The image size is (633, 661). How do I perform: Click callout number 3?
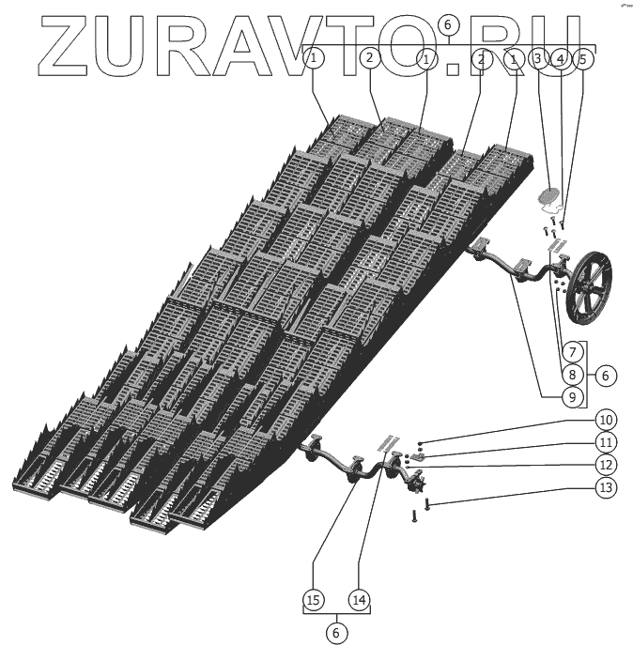point(538,58)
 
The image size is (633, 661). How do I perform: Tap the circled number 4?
point(560,58)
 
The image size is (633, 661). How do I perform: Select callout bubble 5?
point(581,58)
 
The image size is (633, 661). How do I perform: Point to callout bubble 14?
point(358,598)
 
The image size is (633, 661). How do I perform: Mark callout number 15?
point(314,598)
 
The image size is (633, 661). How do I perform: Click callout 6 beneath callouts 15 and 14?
point(336,632)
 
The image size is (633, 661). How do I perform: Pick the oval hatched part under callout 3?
point(548,197)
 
